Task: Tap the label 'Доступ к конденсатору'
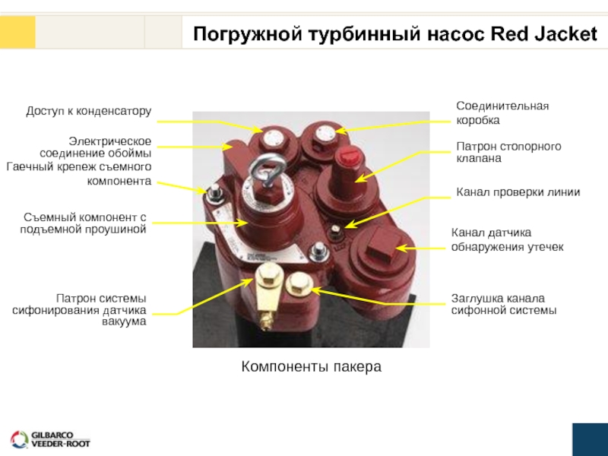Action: tap(89, 112)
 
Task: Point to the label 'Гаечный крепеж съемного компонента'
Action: tap(79, 173)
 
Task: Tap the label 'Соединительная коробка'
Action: tap(502, 113)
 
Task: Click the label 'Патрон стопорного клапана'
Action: tap(508, 152)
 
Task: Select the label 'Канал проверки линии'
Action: tap(518, 192)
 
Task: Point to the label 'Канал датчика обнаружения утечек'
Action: tap(507, 239)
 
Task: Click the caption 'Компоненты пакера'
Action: tap(311, 367)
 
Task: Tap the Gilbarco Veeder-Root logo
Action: tap(50, 439)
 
